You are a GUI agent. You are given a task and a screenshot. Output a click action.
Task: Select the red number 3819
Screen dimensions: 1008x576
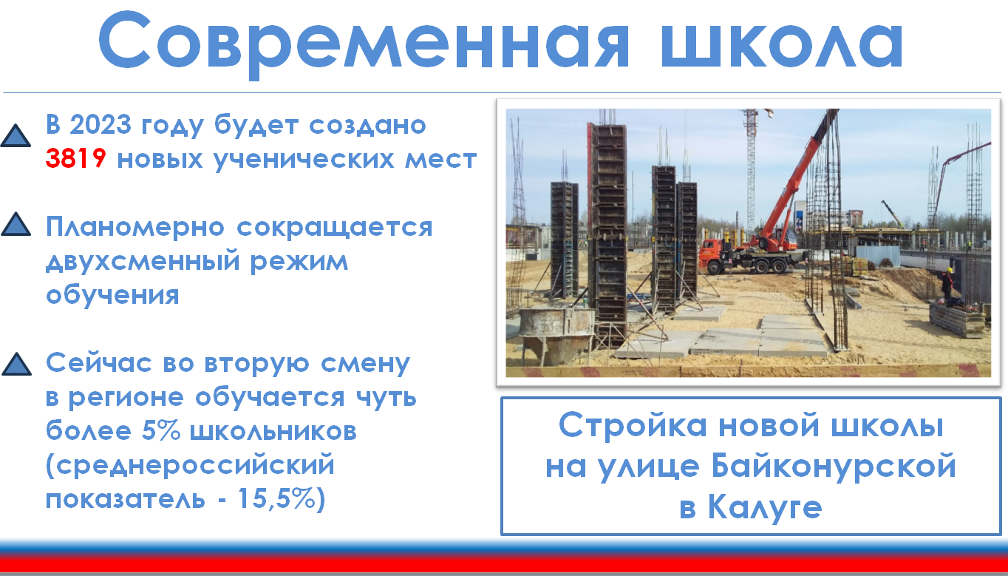click(x=75, y=158)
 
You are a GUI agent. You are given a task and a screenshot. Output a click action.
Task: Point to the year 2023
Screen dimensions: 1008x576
click(x=101, y=124)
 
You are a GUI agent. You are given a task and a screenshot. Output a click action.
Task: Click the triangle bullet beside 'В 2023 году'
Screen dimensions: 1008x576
click(x=16, y=135)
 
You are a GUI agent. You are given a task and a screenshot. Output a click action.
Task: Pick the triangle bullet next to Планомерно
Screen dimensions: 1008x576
click(x=16, y=224)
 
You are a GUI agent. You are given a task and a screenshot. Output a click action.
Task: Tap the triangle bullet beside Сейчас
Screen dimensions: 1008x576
click(x=17, y=364)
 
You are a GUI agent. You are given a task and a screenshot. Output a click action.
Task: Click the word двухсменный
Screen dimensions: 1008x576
click(x=143, y=262)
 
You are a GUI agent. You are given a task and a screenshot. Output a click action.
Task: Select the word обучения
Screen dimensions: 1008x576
click(x=112, y=295)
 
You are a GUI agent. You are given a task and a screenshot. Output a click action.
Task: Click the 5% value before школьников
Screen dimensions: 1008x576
click(x=161, y=430)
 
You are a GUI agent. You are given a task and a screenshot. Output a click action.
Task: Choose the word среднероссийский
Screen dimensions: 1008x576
click(x=191, y=465)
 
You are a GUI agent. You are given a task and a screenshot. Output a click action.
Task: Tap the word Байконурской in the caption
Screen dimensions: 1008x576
click(x=834, y=467)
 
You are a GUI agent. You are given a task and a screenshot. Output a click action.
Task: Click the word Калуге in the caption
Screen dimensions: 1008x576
click(x=765, y=507)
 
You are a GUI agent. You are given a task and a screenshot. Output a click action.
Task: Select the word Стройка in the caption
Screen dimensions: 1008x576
click(x=633, y=426)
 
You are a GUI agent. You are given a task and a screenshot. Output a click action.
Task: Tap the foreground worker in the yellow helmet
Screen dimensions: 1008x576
click(x=947, y=284)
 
